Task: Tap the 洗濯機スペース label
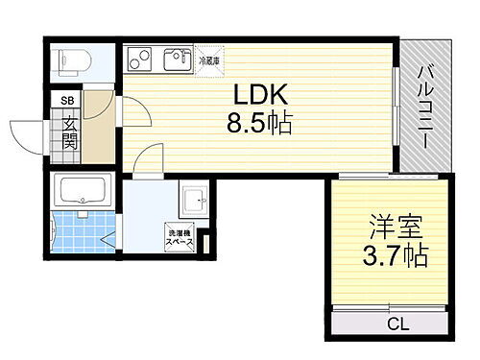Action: click(181, 239)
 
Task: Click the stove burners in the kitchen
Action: click(138, 59)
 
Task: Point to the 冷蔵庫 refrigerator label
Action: click(208, 60)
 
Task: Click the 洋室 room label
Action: click(395, 230)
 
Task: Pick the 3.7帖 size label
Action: click(395, 257)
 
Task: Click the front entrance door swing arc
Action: click(27, 134)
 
